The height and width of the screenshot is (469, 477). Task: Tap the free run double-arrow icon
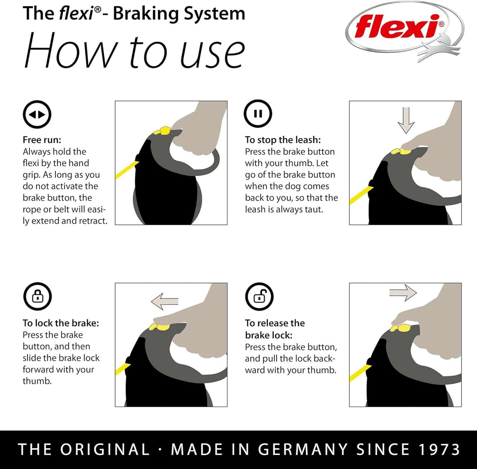click(37, 114)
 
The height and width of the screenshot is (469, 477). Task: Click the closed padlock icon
click(37, 297)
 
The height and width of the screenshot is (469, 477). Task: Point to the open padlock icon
click(259, 297)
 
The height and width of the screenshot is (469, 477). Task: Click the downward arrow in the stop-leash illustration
click(406, 120)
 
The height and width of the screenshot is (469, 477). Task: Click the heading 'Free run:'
click(42, 140)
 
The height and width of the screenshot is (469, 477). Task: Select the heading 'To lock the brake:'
click(60, 323)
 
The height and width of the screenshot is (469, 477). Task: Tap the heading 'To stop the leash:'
click(283, 140)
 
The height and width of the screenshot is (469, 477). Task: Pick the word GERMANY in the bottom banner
click(302, 450)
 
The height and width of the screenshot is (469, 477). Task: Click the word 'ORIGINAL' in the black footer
click(105, 450)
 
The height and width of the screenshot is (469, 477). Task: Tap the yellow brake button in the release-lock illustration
click(402, 328)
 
